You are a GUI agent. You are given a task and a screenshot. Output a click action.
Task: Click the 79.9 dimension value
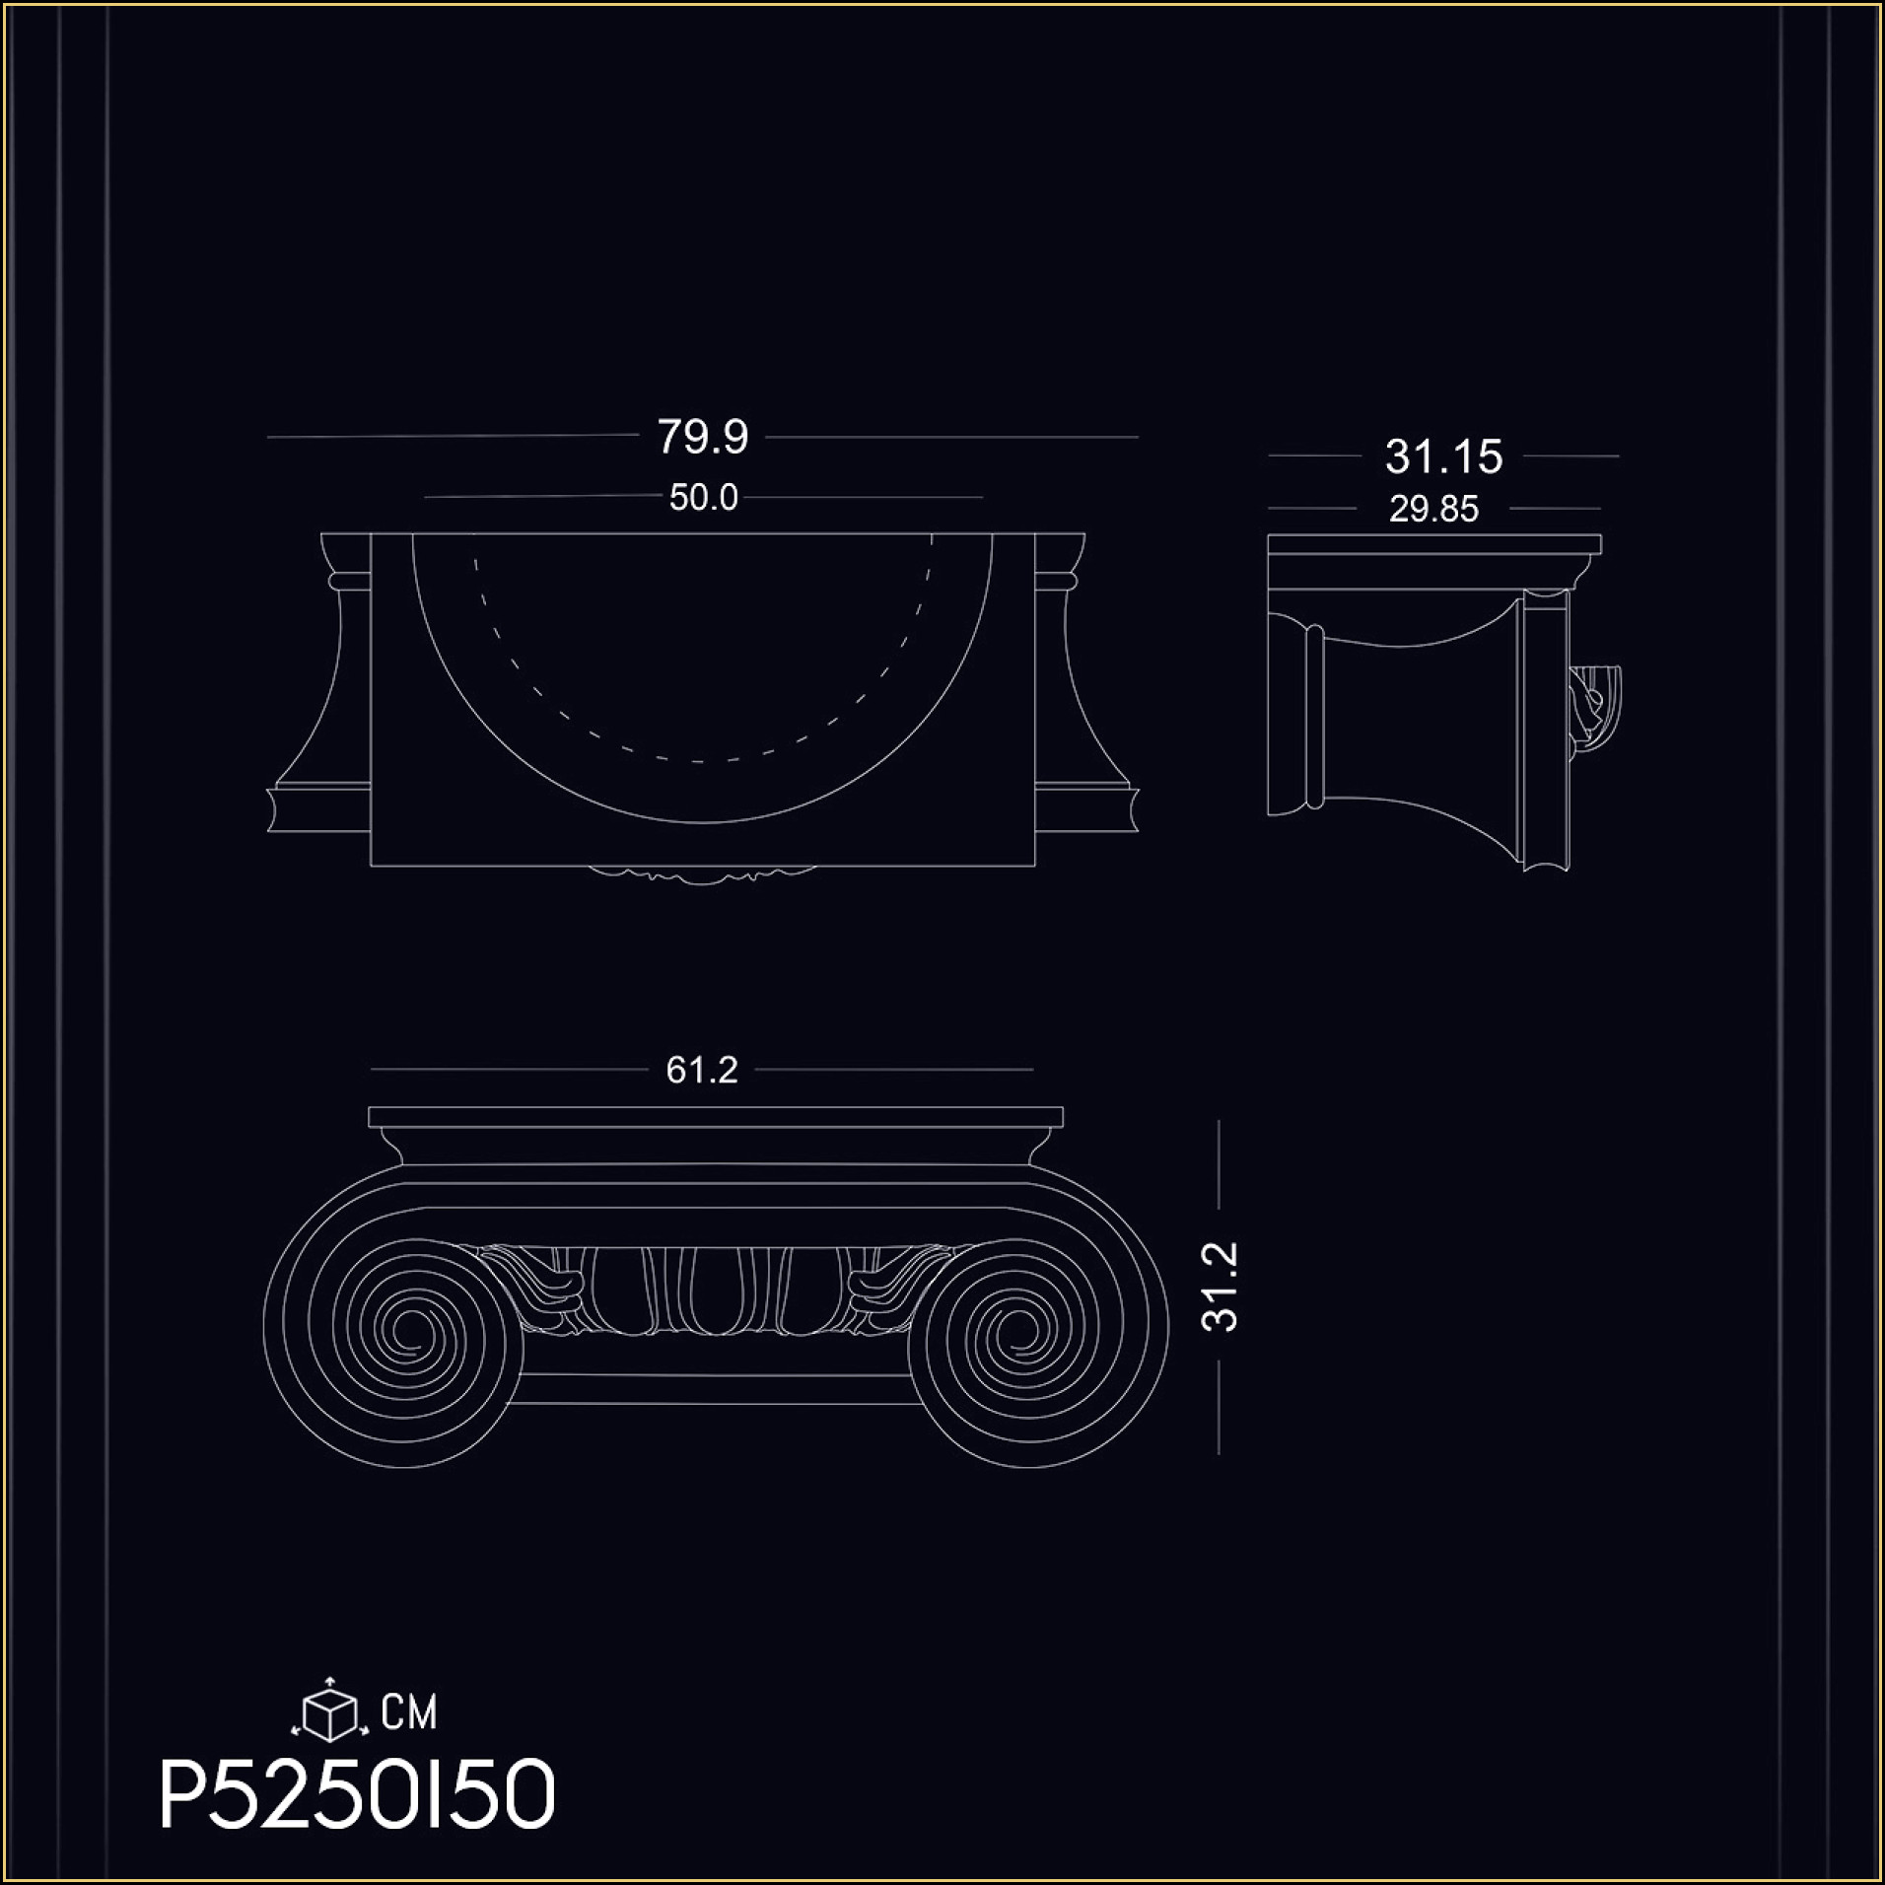703,437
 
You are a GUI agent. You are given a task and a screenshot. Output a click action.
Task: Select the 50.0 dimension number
703,498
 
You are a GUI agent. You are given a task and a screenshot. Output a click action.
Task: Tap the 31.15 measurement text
1443,456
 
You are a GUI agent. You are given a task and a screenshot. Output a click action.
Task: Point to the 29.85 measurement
1433,509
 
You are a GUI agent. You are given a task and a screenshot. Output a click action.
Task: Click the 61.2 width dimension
702,1070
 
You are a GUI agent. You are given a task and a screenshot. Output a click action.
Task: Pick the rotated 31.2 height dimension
1221,1287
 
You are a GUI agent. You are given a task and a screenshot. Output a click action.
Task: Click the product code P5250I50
358,1796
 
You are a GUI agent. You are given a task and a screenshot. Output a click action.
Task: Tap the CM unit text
409,1711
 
